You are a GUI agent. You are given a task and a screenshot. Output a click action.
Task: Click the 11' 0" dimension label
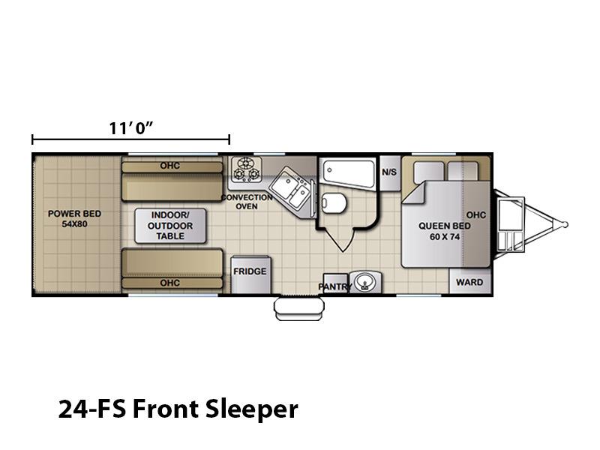130,128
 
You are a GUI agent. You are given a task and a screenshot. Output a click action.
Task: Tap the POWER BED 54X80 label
74,218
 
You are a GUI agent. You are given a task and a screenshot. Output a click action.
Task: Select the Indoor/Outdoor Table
170,226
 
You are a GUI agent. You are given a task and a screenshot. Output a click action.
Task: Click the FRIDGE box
250,274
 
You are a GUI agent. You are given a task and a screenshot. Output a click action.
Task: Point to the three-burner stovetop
246,169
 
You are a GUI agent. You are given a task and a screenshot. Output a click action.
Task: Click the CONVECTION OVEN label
247,202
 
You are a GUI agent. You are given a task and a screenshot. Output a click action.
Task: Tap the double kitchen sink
291,188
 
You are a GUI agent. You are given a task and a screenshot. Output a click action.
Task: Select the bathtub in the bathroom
349,173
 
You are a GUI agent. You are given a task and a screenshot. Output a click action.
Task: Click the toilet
334,202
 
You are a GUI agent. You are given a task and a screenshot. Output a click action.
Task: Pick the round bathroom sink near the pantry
365,283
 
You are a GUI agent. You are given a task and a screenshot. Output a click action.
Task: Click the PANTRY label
334,286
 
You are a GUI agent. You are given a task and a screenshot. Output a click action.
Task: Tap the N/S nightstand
389,172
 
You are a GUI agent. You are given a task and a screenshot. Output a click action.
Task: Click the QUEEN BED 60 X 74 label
445,231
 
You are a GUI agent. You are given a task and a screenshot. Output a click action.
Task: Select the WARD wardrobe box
469,282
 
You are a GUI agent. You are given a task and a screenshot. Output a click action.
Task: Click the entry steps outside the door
299,309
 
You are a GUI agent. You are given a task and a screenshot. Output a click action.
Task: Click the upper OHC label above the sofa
170,166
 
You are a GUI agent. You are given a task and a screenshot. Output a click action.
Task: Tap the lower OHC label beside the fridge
170,283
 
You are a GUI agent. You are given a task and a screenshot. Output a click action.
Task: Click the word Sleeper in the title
251,409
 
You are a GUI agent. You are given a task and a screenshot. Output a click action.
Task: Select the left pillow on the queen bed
429,172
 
